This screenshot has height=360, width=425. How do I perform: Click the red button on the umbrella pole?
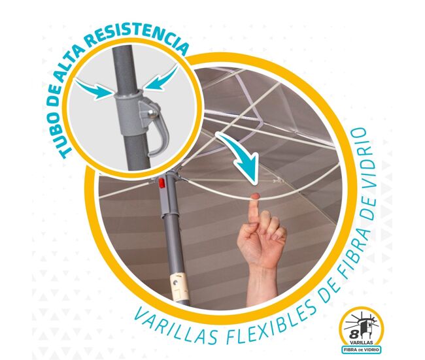161,183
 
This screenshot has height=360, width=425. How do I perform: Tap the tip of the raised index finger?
254,195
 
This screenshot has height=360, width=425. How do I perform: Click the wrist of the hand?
262,271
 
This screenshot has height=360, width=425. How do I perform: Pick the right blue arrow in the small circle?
161,78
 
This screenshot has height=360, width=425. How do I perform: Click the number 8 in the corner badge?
353,335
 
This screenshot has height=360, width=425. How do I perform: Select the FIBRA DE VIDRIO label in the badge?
362,350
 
